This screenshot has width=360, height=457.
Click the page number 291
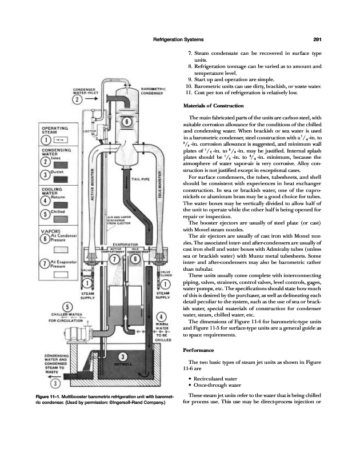click(x=319, y=39)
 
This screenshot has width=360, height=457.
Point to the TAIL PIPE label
click(x=141, y=179)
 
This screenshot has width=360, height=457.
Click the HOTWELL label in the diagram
click(x=123, y=363)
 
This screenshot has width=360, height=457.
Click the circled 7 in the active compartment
click(x=115, y=275)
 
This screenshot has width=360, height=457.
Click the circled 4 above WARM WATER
click(x=162, y=318)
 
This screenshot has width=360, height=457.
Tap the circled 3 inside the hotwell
click(x=124, y=356)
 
